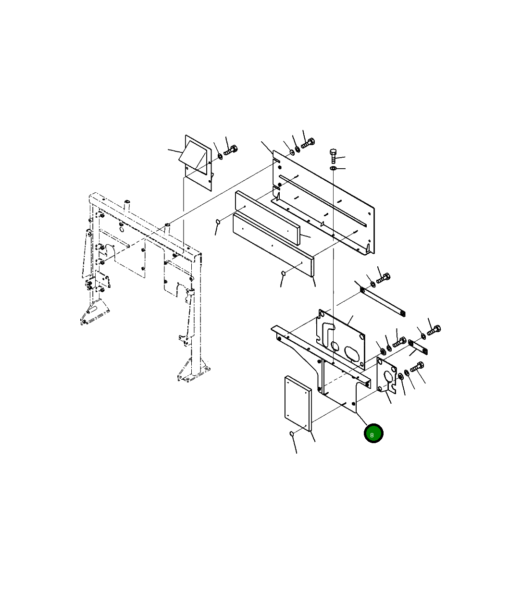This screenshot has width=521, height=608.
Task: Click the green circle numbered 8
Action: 373,433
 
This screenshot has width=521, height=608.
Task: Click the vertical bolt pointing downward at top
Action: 333,156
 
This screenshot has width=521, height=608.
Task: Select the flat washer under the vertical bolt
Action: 333,168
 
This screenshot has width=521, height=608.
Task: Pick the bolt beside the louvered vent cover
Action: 230,150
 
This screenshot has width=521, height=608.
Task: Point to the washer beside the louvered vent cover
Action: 220,156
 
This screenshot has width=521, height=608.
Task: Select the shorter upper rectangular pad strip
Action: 267,218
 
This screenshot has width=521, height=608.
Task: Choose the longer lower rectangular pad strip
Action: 273,245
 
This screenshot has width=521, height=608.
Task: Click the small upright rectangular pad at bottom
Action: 298,403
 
